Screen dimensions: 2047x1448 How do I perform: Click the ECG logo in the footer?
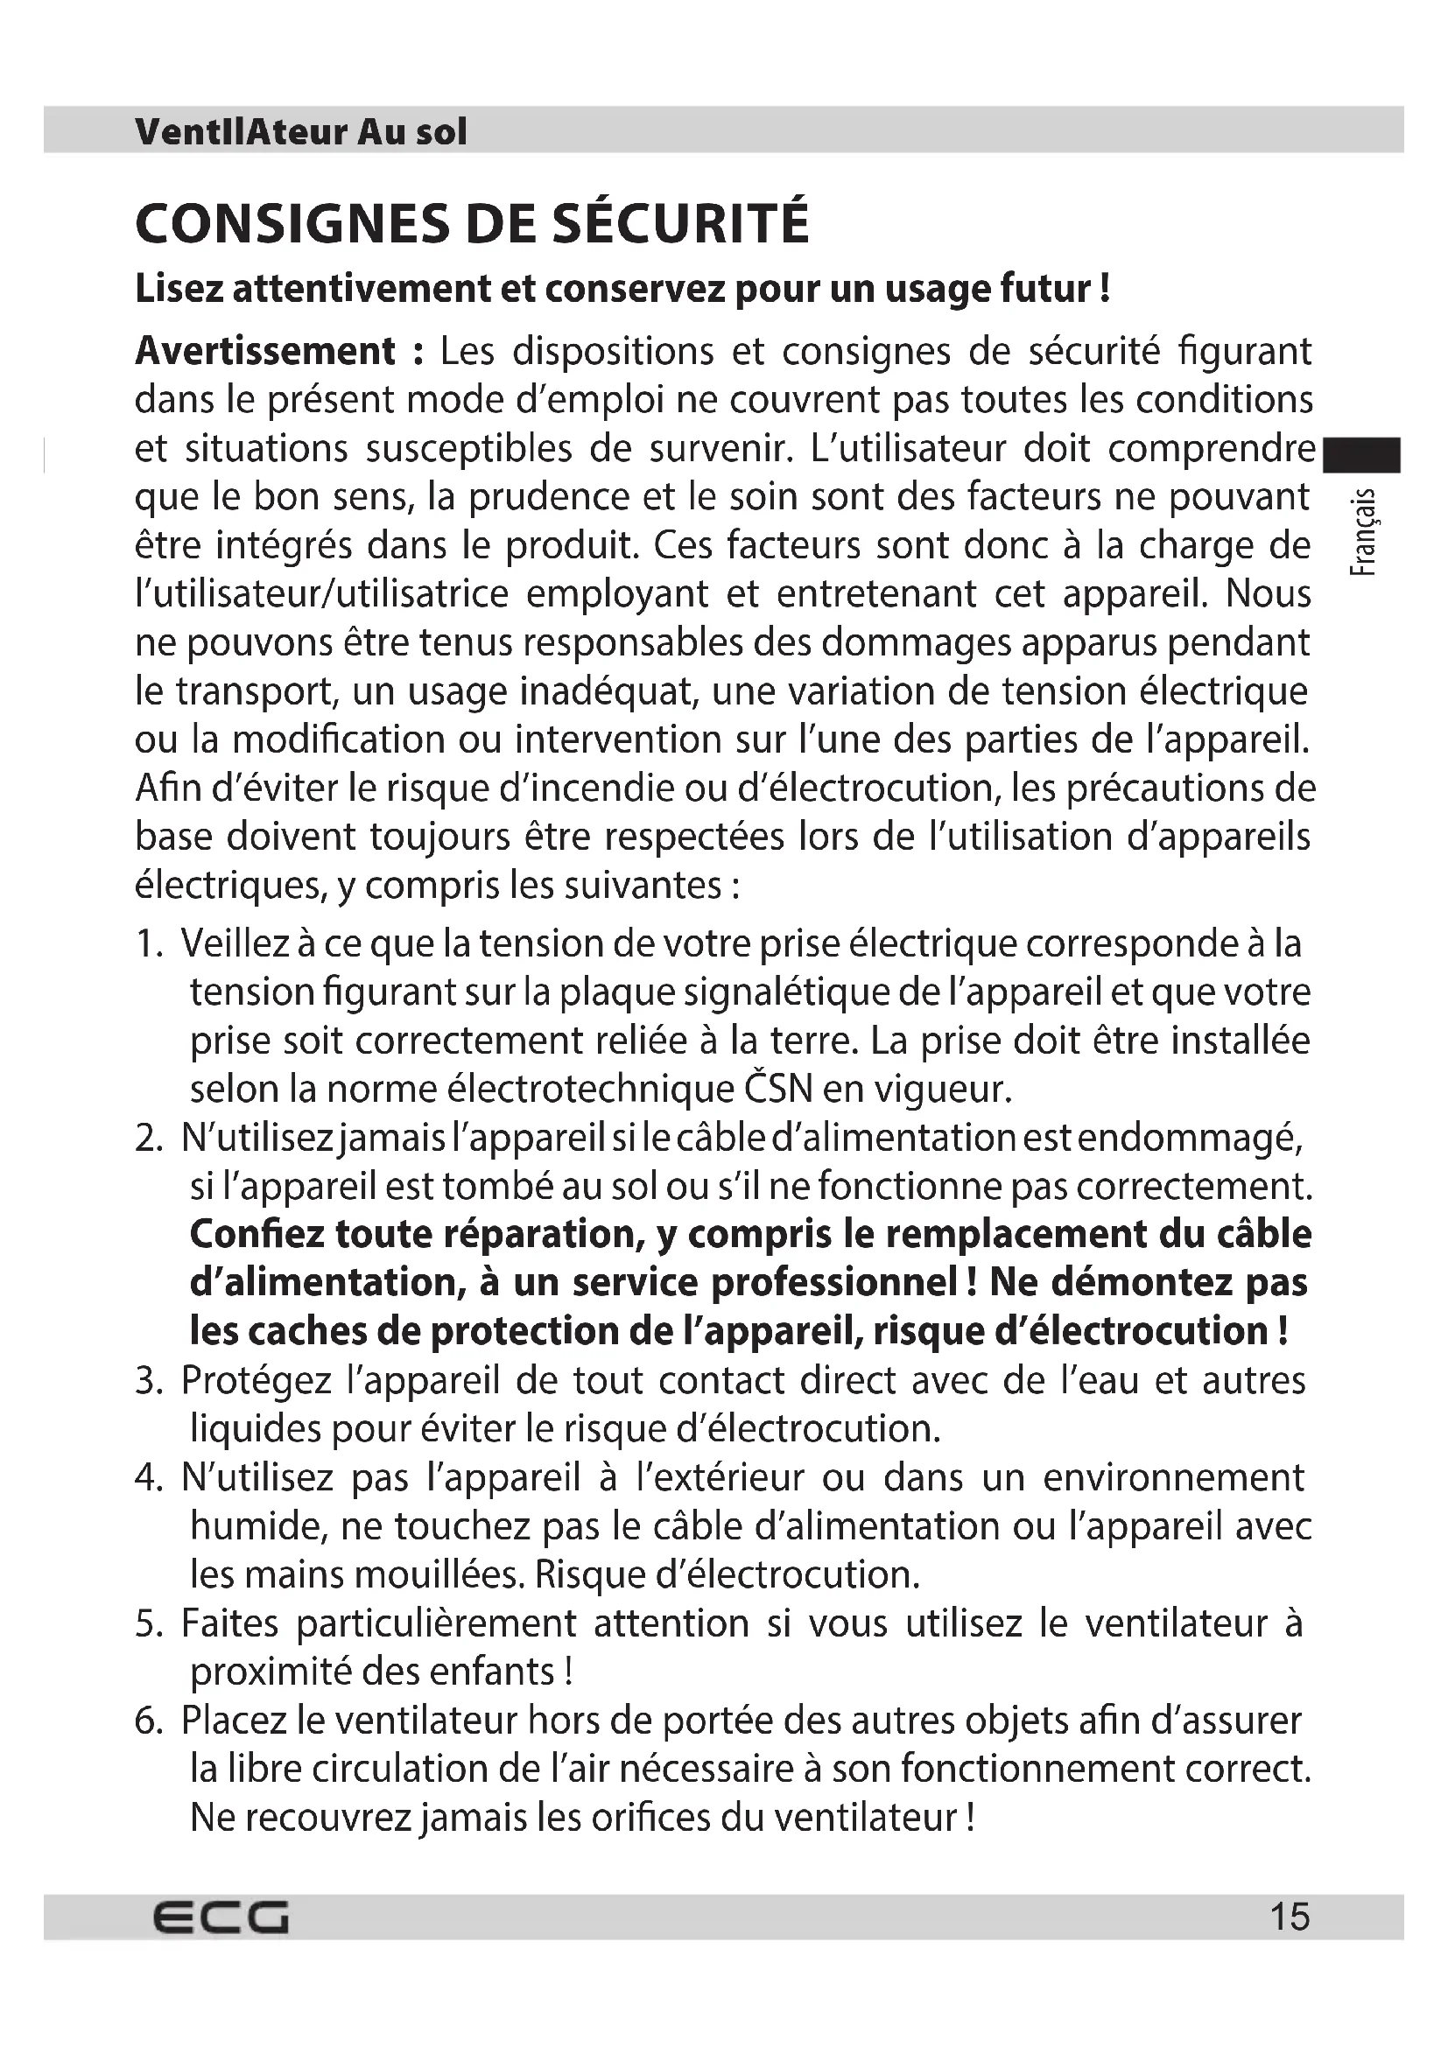coord(221,1916)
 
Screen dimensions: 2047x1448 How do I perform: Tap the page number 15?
coord(1290,1916)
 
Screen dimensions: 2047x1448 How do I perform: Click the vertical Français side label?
coord(1364,533)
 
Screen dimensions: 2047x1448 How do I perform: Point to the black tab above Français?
coord(1361,455)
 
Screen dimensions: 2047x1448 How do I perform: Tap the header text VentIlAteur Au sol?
coord(300,132)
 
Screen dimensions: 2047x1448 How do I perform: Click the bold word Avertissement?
coord(264,351)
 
